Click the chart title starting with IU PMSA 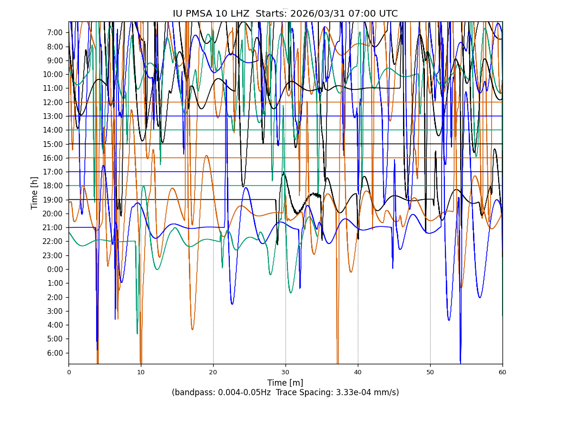(x=285, y=14)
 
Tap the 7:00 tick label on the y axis (x=55, y=32)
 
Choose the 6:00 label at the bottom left (x=55, y=353)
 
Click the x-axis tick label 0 (x=69, y=372)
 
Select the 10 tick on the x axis (x=141, y=372)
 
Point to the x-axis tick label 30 (x=285, y=372)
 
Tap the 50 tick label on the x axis (x=430, y=372)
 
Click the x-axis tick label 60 (x=502, y=372)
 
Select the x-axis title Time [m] (x=285, y=383)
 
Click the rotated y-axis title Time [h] (x=35, y=193)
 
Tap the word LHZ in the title (x=239, y=14)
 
